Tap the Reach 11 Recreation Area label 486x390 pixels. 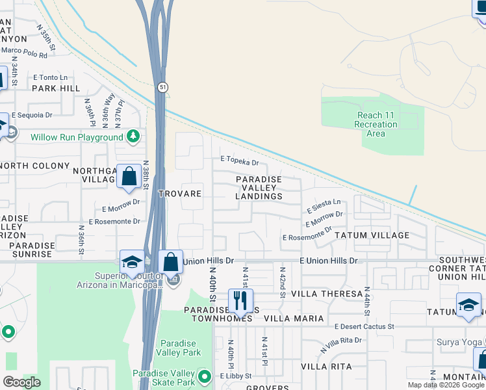pos(376,124)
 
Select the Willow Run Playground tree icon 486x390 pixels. pos(133,136)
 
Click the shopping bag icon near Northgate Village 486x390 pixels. pos(129,175)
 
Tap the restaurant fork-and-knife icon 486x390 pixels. pos(240,300)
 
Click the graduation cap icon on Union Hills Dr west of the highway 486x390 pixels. pos(131,262)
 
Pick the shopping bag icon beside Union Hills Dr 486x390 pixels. pos(170,262)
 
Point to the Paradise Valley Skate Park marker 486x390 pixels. pos(205,377)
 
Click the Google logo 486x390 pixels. pos(21,382)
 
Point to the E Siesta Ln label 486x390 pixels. pos(324,206)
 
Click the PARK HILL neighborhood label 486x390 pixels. pos(56,88)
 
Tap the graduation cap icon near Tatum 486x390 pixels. pos(468,305)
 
